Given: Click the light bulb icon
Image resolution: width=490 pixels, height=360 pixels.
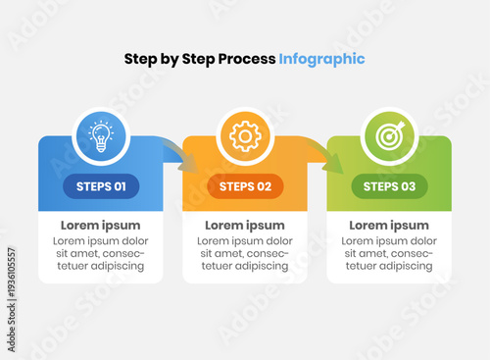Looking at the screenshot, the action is click(101, 135).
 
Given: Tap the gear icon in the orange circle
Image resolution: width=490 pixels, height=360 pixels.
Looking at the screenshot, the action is click(245, 135).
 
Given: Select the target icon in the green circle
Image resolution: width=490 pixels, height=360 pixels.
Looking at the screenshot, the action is click(389, 135).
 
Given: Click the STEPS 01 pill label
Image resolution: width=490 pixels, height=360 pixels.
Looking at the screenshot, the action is click(101, 186).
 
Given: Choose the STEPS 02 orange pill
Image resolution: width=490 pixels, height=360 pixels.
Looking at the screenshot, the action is click(245, 186).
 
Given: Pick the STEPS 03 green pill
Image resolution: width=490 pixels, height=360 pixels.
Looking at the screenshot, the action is click(389, 186).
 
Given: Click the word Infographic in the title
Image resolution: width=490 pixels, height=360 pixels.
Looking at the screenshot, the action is click(321, 59).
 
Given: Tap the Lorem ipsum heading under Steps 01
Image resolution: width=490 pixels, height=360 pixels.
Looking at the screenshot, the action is click(101, 226).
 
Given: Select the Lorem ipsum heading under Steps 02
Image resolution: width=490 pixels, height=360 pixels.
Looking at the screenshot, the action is click(245, 226).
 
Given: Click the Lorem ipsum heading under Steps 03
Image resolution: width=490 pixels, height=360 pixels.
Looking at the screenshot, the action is click(389, 226).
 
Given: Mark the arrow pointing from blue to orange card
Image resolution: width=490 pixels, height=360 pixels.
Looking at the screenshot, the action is click(177, 155).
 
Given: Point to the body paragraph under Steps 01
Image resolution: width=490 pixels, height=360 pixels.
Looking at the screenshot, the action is click(101, 253).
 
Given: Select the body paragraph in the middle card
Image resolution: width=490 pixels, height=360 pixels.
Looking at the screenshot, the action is click(245, 253).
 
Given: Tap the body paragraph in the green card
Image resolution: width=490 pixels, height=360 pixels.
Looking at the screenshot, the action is click(389, 253).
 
